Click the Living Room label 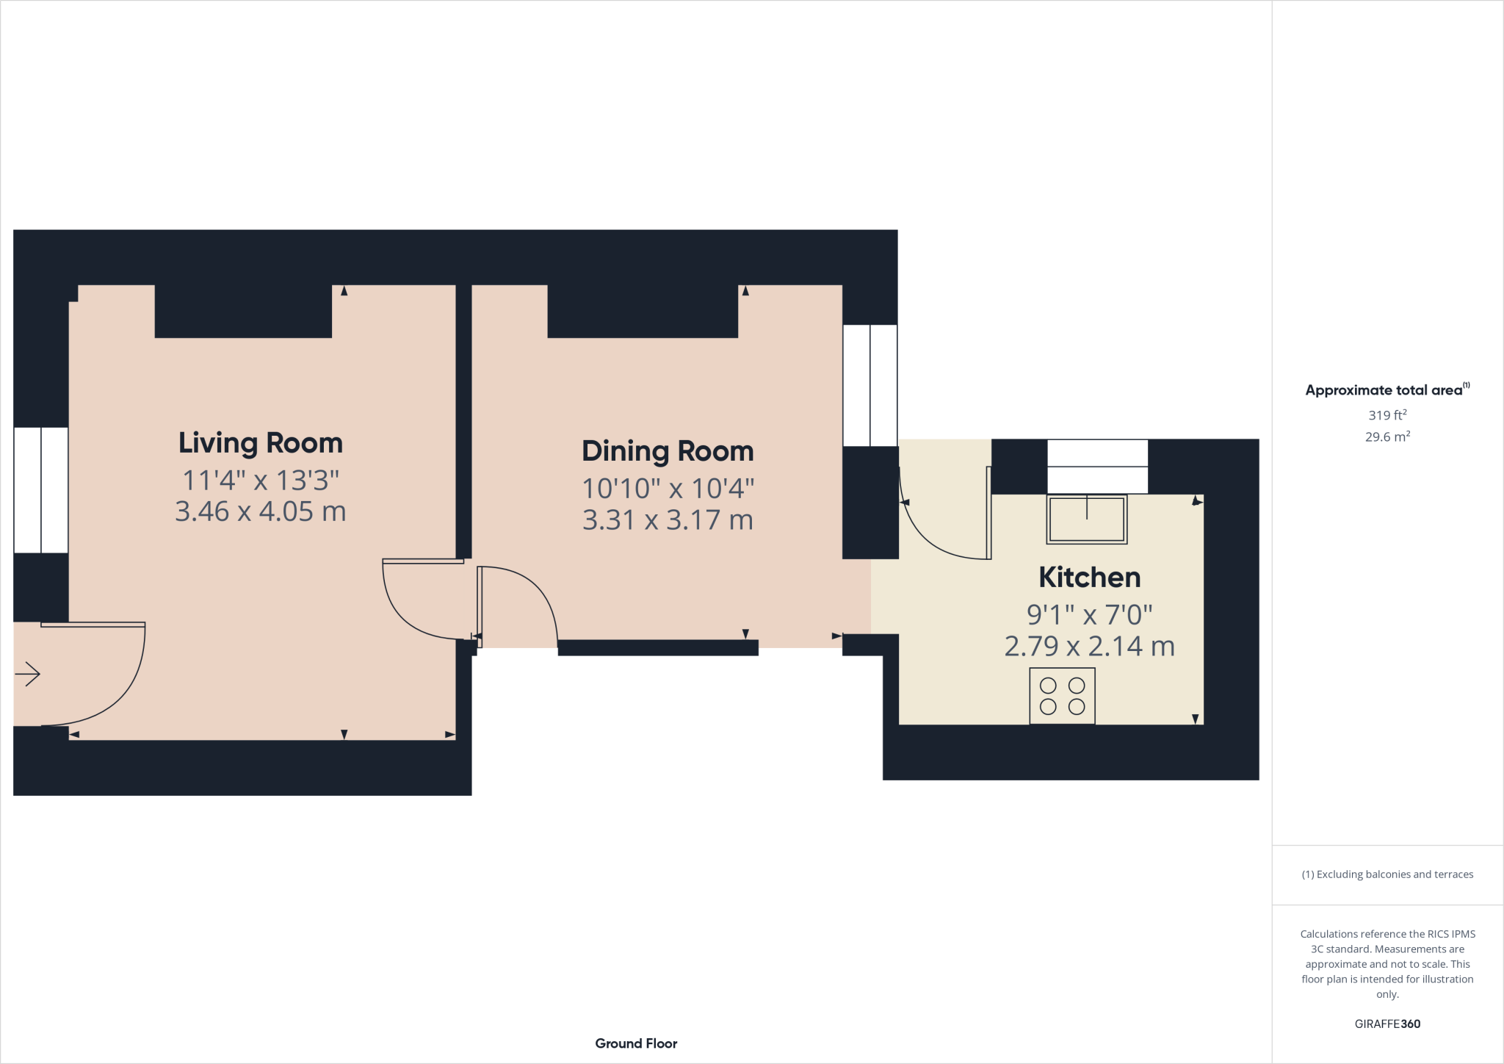(x=261, y=443)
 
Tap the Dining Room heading (x=668, y=451)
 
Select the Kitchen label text (x=1089, y=578)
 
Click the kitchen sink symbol (x=1086, y=520)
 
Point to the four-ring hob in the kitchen (x=1062, y=696)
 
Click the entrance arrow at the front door (x=28, y=674)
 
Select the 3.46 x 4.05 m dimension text (x=261, y=511)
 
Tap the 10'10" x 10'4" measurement (x=668, y=489)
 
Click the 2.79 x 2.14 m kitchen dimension (x=1089, y=647)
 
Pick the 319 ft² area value (x=1386, y=415)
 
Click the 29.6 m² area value (x=1386, y=436)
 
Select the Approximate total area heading (x=1386, y=390)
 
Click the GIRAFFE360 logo (x=1386, y=1024)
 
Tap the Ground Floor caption (x=636, y=1043)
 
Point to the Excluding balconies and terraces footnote (x=1386, y=874)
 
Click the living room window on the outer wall (x=41, y=490)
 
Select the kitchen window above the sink (x=1097, y=467)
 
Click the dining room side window (x=869, y=386)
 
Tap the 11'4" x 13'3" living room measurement (x=261, y=481)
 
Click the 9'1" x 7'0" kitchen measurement (x=1089, y=614)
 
